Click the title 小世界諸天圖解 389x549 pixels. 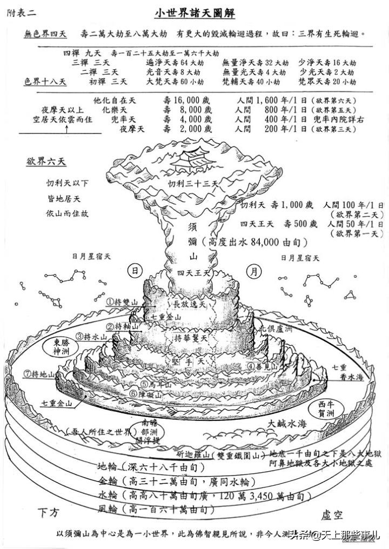(194, 12)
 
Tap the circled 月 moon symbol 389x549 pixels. (253, 271)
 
